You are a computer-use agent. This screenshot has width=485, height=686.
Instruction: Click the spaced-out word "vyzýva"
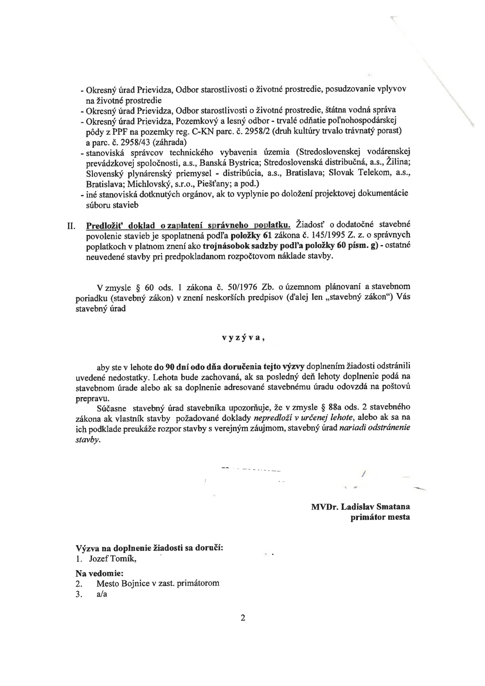243,338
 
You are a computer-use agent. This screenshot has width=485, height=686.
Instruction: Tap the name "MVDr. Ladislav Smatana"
360,507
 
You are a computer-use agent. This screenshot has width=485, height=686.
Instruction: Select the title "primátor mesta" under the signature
380,517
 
